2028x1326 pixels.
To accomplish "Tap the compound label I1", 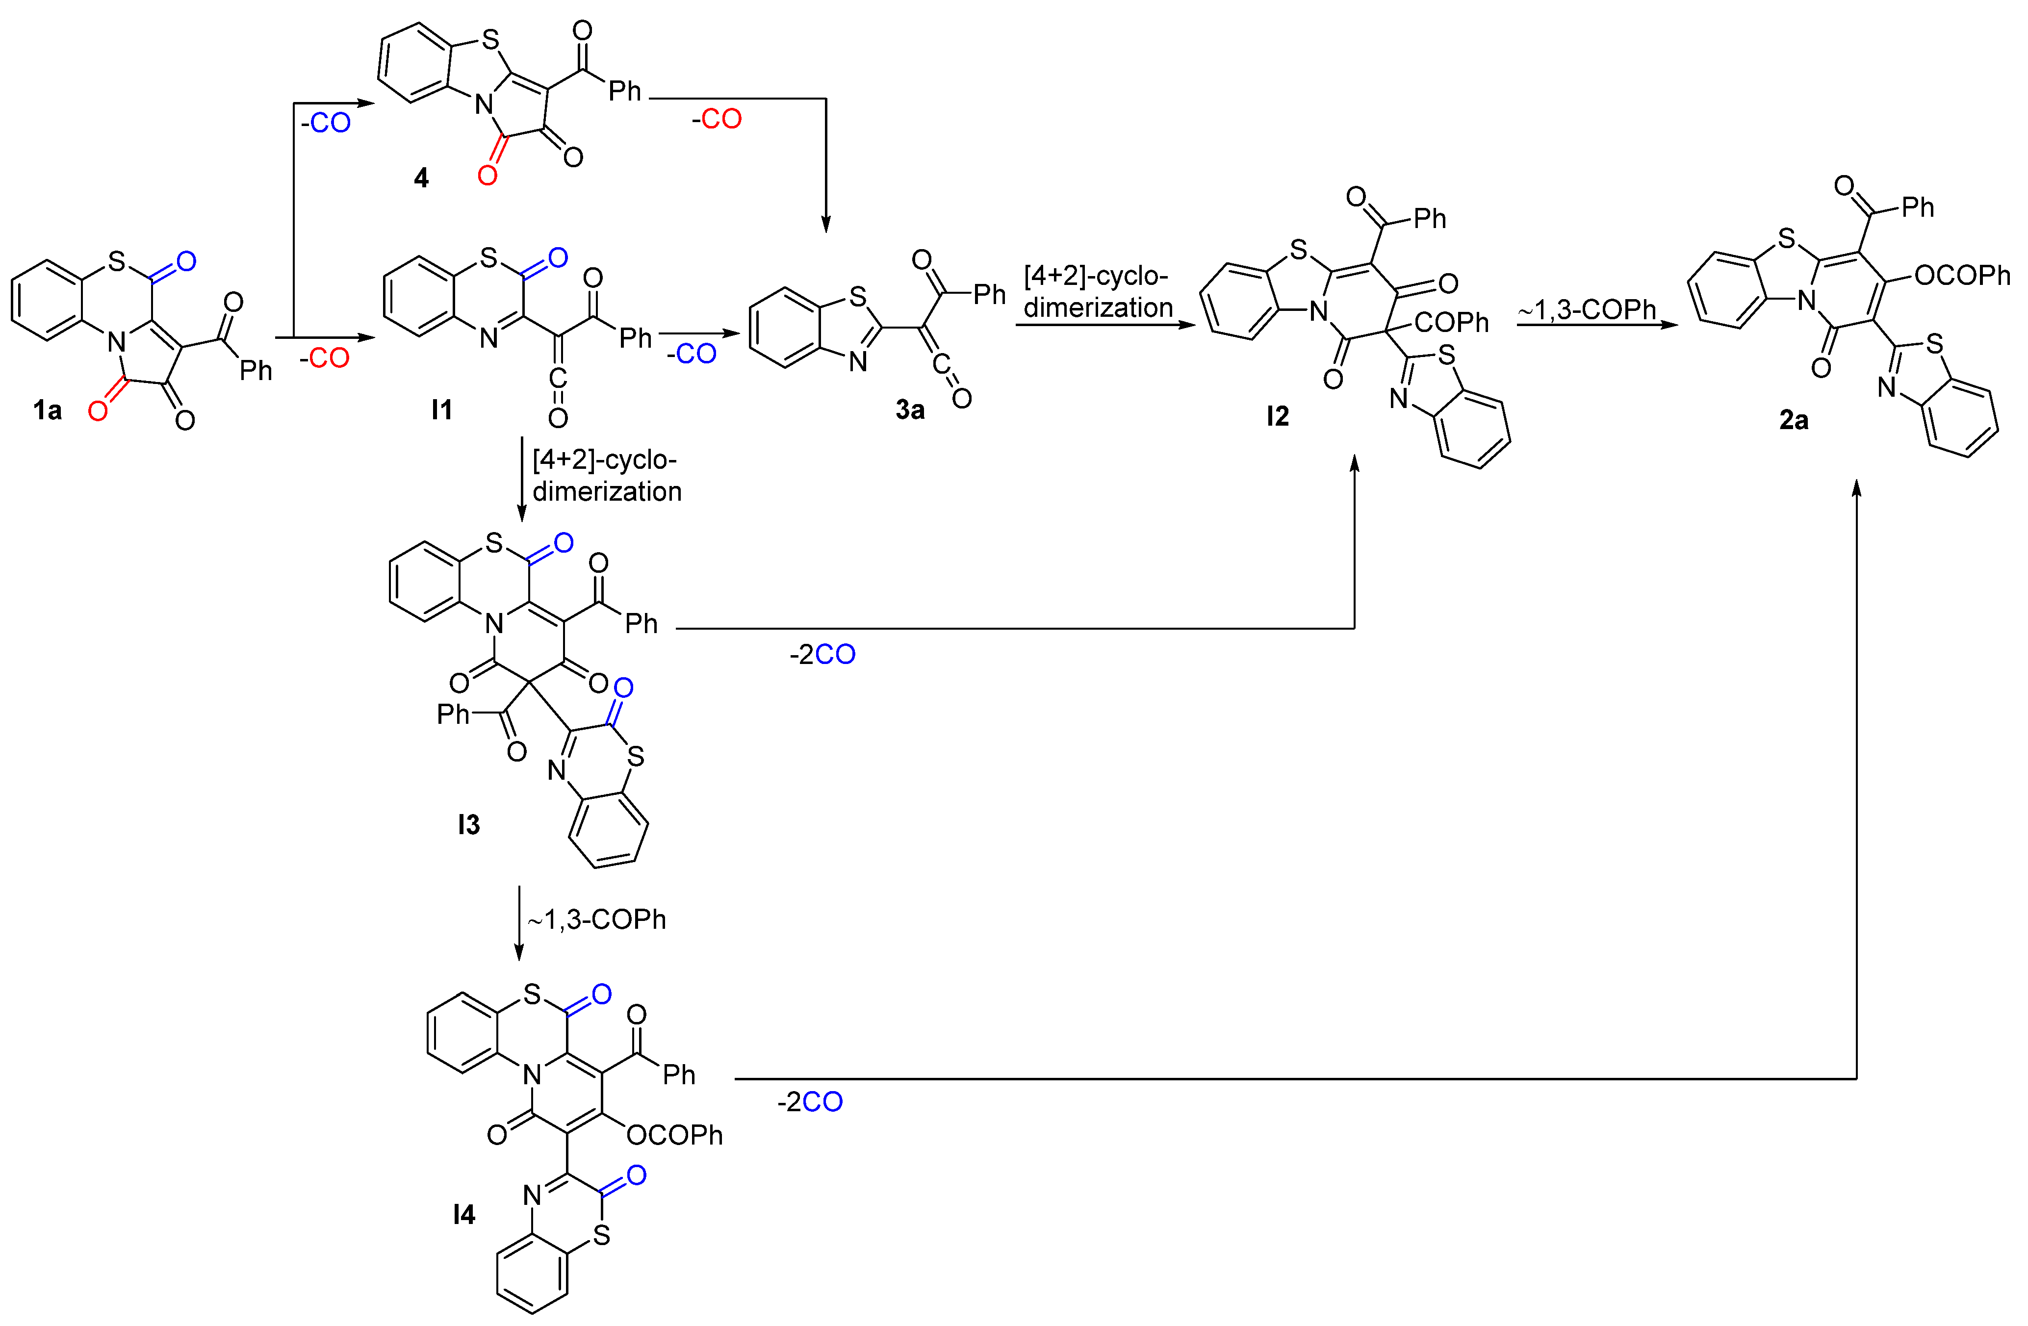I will pos(441,410).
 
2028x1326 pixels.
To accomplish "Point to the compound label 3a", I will pos(910,410).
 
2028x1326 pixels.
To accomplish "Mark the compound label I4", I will pos(464,1214).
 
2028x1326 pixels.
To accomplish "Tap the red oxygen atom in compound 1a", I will pos(98,411).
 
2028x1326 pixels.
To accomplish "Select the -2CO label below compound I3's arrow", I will pos(822,655).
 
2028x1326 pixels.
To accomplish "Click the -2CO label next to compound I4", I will pos(810,1102).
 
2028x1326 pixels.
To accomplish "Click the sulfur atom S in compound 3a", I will pos(857,297).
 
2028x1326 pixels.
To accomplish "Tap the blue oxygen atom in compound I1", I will pos(558,257).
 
